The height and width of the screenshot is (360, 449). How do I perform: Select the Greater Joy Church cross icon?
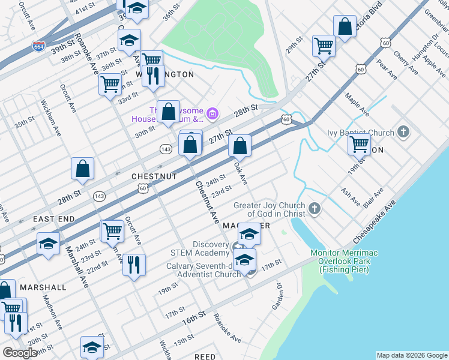[315, 209]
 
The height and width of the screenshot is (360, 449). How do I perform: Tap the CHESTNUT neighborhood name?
[154, 177]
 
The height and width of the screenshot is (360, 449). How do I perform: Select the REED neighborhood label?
[205, 356]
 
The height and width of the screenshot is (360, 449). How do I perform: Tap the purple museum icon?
[211, 113]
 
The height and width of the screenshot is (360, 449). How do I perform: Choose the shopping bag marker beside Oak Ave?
[240, 146]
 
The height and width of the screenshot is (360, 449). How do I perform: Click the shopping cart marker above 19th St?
[359, 144]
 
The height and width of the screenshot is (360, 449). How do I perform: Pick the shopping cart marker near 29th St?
[324, 45]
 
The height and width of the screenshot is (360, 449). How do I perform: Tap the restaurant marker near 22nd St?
[134, 265]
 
